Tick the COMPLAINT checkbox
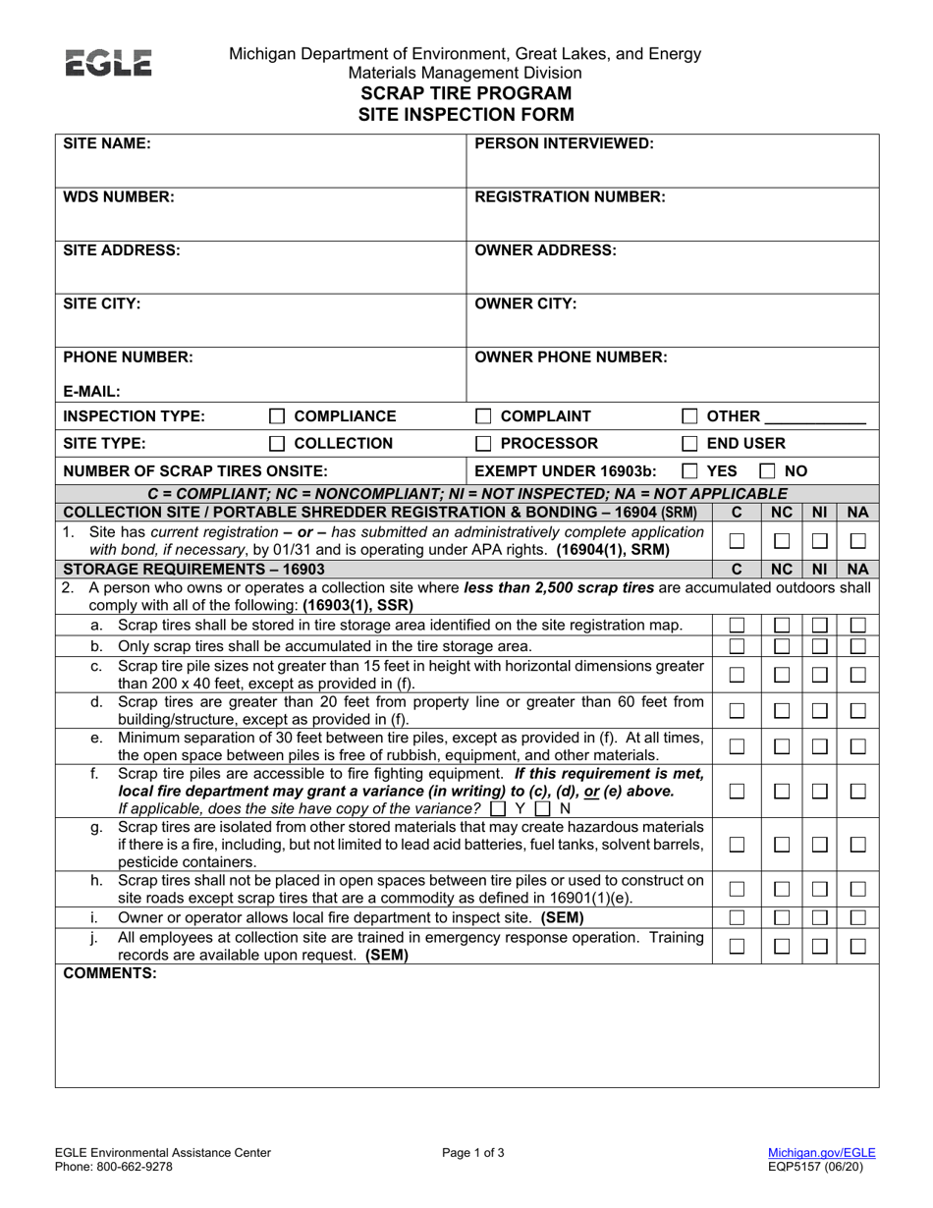click(x=483, y=415)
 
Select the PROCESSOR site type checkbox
click(x=483, y=444)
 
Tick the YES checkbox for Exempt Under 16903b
click(x=690, y=471)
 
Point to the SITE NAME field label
click(x=107, y=143)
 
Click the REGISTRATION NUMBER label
click(x=570, y=196)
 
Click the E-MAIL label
click(x=92, y=390)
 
